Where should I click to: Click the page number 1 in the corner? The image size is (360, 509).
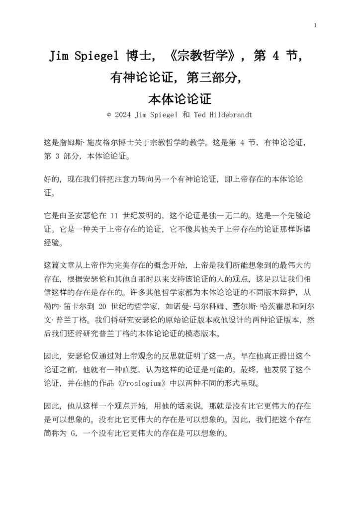315,26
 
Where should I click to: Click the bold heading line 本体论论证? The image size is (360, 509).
180,99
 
